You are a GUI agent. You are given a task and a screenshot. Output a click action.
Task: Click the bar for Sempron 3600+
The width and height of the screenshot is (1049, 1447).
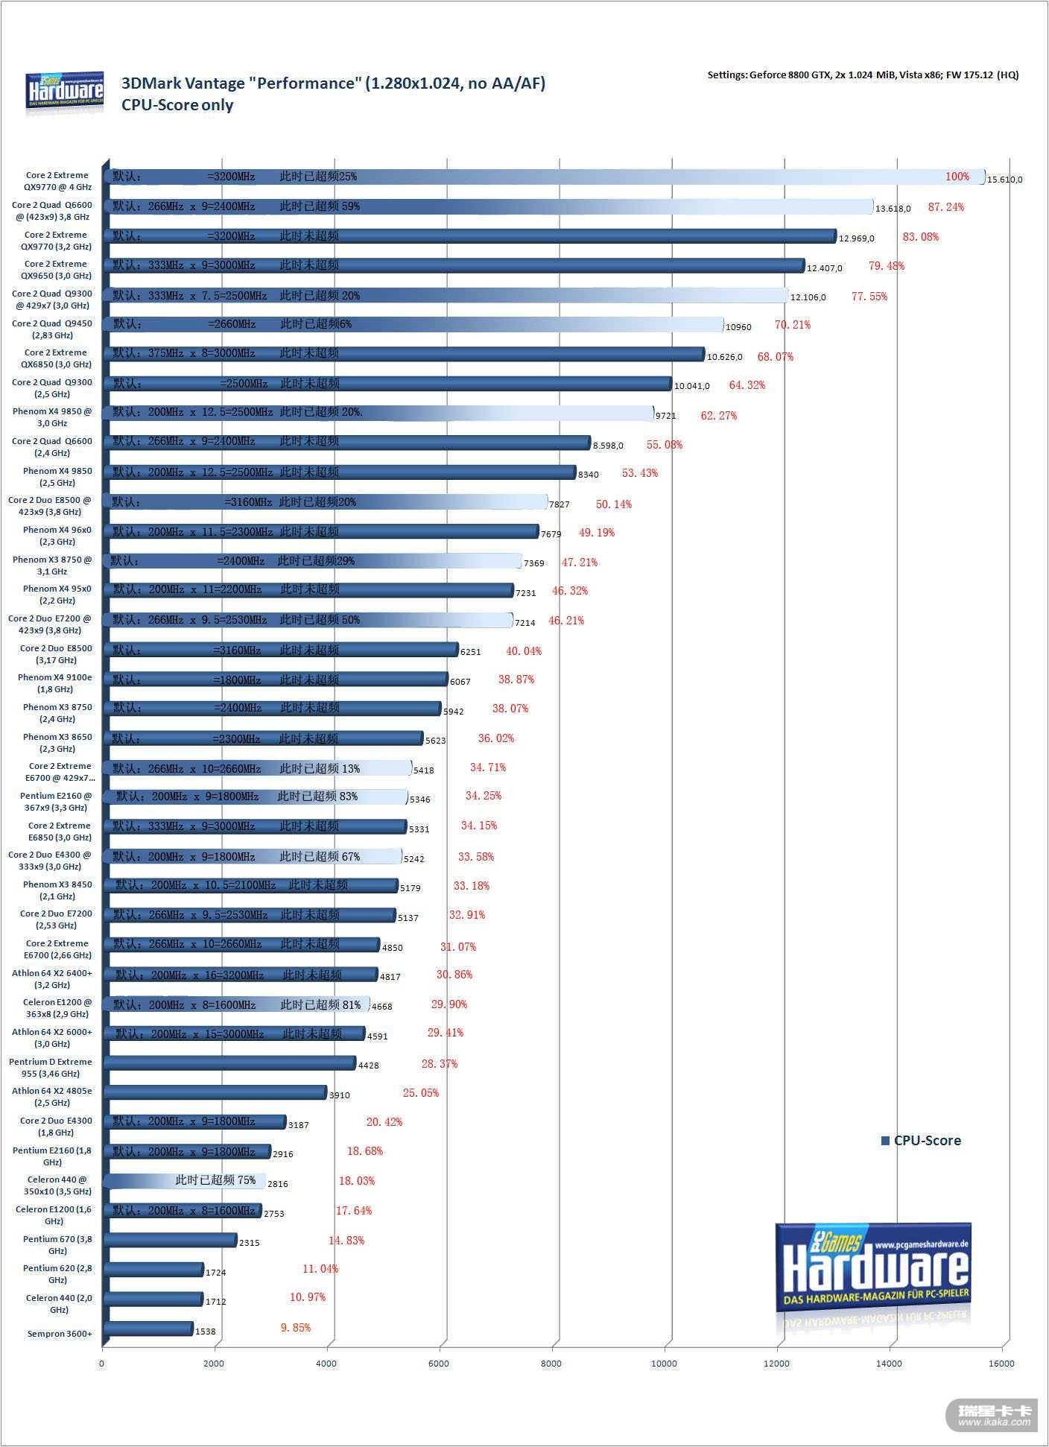149,1329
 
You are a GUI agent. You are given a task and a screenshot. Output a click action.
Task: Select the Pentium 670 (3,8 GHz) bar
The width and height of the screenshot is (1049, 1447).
171,1240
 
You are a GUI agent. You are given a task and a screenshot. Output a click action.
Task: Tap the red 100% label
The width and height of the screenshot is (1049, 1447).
957,177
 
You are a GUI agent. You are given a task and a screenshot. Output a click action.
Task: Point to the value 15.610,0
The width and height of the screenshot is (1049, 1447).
1004,180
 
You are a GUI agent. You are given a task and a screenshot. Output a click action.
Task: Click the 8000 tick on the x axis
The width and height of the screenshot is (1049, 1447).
551,1364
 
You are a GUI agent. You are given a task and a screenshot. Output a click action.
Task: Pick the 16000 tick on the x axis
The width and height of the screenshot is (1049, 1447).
1001,1364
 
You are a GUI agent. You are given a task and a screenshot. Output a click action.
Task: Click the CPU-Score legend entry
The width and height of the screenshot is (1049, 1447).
921,1141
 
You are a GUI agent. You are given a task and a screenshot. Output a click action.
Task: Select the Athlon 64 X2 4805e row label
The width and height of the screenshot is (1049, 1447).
52,1097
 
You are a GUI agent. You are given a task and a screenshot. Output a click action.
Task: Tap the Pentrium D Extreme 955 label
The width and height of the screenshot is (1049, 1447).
51,1068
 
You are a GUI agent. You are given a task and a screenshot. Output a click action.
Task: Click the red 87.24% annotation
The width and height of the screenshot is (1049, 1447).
945,207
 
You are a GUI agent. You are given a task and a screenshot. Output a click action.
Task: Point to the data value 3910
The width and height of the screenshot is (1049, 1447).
339,1095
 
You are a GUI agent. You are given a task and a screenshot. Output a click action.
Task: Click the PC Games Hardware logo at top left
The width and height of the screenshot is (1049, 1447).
65,93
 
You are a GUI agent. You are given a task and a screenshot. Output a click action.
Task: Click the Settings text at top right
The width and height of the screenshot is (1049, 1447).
863,75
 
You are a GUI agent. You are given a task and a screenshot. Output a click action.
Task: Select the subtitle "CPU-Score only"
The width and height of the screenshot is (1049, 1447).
177,105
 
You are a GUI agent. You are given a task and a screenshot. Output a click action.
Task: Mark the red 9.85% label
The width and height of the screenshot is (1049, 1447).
295,1328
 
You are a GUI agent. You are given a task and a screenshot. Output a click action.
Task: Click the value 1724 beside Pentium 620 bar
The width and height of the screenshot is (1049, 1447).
215,1273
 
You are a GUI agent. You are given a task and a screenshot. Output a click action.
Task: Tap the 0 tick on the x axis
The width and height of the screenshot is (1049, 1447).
102,1364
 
